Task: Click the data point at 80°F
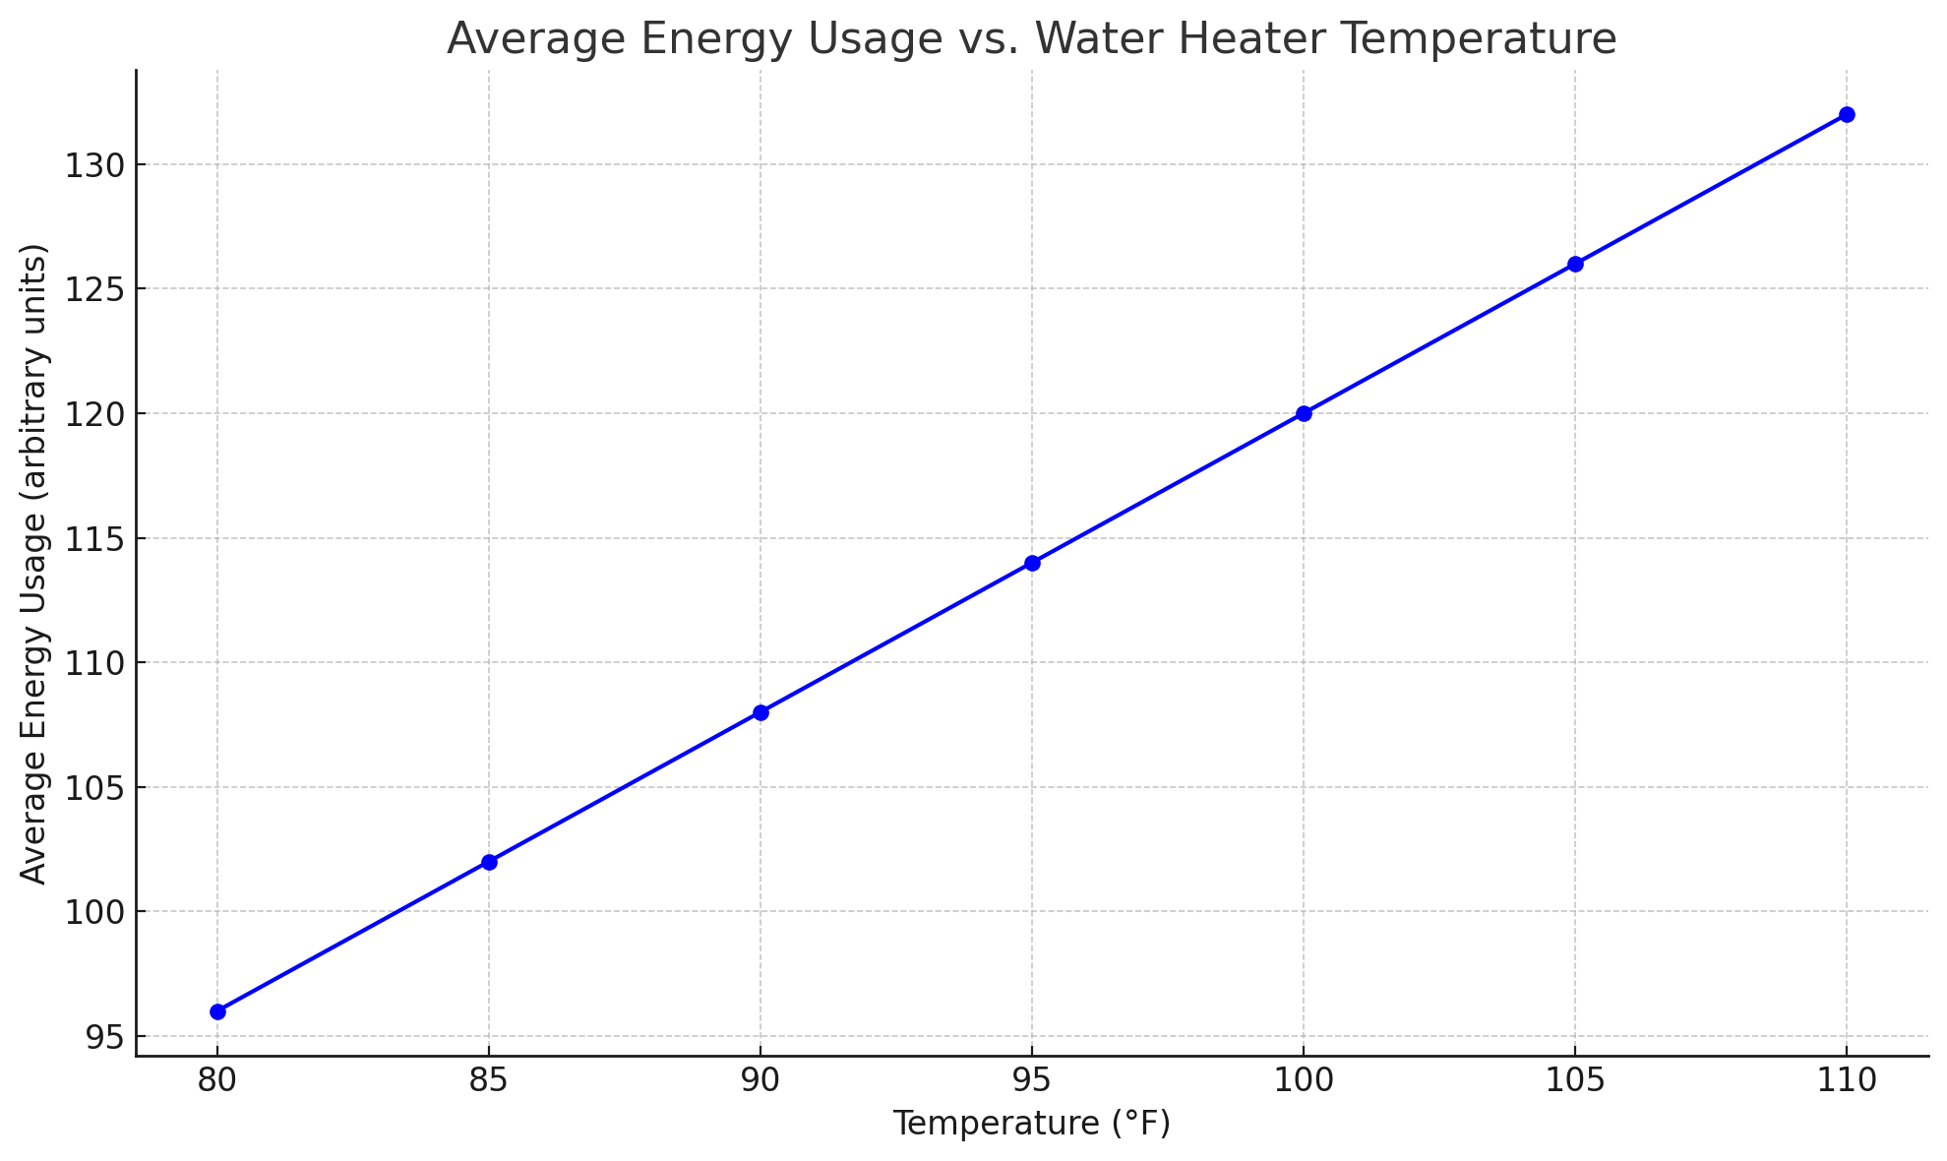pyautogui.click(x=217, y=1011)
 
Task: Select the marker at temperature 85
pyautogui.click(x=489, y=862)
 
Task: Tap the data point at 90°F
pyautogui.click(x=761, y=712)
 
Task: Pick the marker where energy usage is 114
pyautogui.click(x=1032, y=563)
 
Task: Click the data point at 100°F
pyautogui.click(x=1304, y=413)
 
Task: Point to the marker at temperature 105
pyautogui.click(x=1575, y=264)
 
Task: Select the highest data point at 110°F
pyautogui.click(x=1847, y=114)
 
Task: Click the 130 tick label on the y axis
pyautogui.click(x=93, y=165)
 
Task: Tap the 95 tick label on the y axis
pyautogui.click(x=104, y=1037)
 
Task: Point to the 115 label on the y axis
pyautogui.click(x=93, y=539)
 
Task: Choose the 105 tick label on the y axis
pyautogui.click(x=93, y=788)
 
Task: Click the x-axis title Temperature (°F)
pyautogui.click(x=1031, y=1124)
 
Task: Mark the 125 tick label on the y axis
pyautogui.click(x=93, y=290)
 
